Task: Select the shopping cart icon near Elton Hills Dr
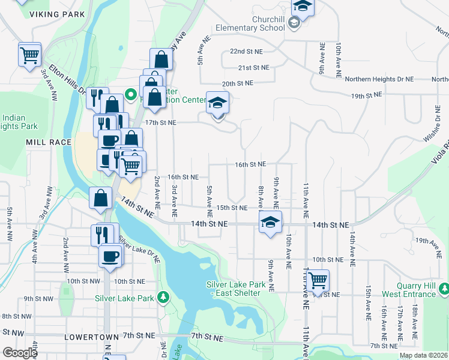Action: coord(29,55)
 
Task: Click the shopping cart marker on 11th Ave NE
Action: coord(317,280)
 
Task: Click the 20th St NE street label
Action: coord(237,83)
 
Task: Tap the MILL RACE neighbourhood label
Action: coord(49,142)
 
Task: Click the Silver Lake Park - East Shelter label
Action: coord(234,289)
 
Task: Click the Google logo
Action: coord(19,353)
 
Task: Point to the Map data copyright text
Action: coord(423,355)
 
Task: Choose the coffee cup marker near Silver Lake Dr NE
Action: coord(110,256)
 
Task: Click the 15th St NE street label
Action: coord(232,208)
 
